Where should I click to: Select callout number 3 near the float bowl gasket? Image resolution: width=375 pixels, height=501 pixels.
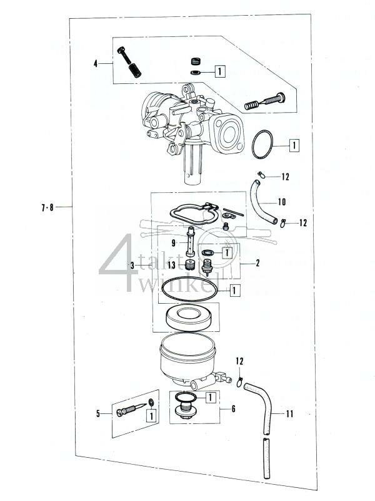tap(132, 266)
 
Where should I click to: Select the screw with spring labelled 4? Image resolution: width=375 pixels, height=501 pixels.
tap(131, 63)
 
